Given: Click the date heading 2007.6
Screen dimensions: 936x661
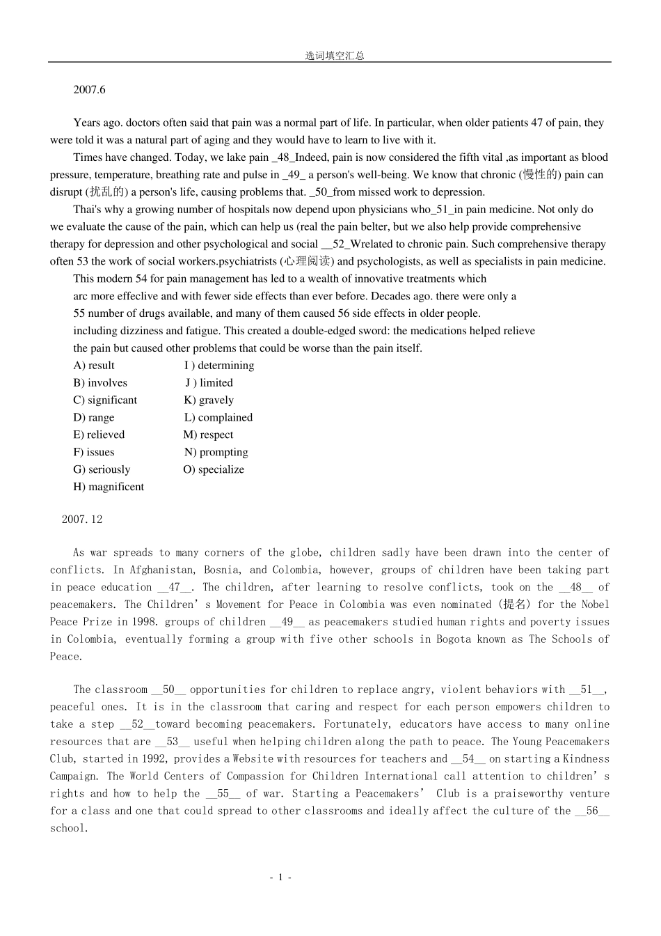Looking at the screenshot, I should pyautogui.click(x=89, y=90).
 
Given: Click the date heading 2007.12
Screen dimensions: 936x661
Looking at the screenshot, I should pyautogui.click(x=82, y=520).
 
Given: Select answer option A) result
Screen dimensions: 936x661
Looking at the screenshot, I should pyautogui.click(x=94, y=366).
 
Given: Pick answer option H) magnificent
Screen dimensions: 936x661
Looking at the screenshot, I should pyautogui.click(x=109, y=487).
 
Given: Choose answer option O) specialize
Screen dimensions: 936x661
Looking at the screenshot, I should pyautogui.click(x=214, y=469).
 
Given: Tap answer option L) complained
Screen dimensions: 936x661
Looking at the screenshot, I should pyautogui.click(x=218, y=417).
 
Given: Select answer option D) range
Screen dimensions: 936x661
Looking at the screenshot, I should pyautogui.click(x=94, y=417).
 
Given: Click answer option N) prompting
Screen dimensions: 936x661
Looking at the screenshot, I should pyautogui.click(x=216, y=452).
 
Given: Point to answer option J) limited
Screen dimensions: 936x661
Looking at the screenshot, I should pyautogui.click(x=209, y=382).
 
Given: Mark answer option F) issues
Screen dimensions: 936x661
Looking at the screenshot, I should pyautogui.click(x=94, y=452).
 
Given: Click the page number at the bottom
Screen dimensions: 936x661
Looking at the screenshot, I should pyautogui.click(x=280, y=877).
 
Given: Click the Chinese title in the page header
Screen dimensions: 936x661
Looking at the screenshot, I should pyautogui.click(x=334, y=56).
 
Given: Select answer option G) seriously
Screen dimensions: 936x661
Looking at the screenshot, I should pyautogui.click(x=102, y=469).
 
